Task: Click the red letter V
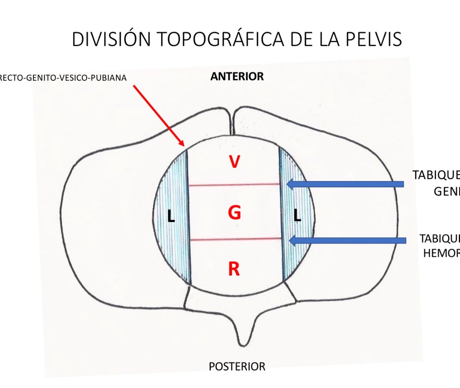[x=234, y=162]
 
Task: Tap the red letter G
[x=234, y=212]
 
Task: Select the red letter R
[x=234, y=269]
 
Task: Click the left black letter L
[x=171, y=216]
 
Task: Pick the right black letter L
[x=297, y=215]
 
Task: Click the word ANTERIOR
[x=237, y=76]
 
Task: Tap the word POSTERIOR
[x=237, y=366]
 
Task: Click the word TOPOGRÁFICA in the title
[x=221, y=39]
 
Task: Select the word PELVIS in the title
[x=374, y=39]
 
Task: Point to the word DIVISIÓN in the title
[x=111, y=39]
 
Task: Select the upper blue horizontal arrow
[x=345, y=184]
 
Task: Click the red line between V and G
[x=234, y=185]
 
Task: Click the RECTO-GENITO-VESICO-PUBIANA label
[x=63, y=78]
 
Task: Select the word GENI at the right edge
[x=447, y=191]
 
